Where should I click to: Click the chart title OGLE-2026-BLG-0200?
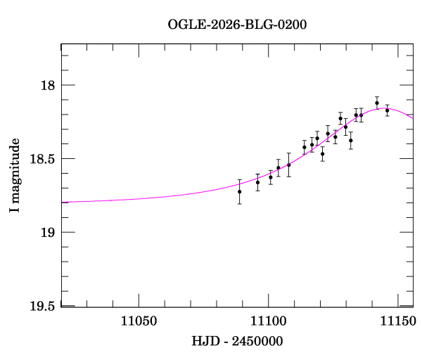click(237, 24)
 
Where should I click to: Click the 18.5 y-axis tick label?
click(43, 159)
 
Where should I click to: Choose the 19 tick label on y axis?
click(49, 232)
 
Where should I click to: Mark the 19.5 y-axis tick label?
click(43, 306)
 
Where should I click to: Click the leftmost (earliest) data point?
click(240, 191)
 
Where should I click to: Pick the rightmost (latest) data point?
click(388, 110)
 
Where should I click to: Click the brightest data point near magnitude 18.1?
click(377, 103)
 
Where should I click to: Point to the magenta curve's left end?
click(63, 202)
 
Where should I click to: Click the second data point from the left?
click(257, 182)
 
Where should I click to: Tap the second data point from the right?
click(377, 103)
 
